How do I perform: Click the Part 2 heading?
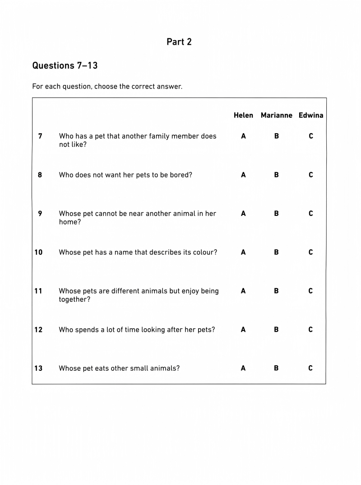click(179, 42)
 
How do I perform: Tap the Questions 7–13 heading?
click(65, 65)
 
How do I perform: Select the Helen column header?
click(243, 115)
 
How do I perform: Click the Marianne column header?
click(276, 115)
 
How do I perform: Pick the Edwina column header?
click(310, 115)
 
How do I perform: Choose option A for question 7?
click(243, 136)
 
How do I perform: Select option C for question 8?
click(310, 175)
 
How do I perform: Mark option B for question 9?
click(276, 214)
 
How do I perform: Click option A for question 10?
click(243, 252)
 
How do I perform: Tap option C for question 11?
click(310, 291)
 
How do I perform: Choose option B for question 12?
click(276, 330)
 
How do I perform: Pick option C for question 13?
click(310, 368)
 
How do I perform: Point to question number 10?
click(38, 252)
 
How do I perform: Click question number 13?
click(38, 368)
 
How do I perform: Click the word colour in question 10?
click(204, 252)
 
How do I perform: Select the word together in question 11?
click(74, 300)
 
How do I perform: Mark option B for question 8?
click(276, 175)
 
